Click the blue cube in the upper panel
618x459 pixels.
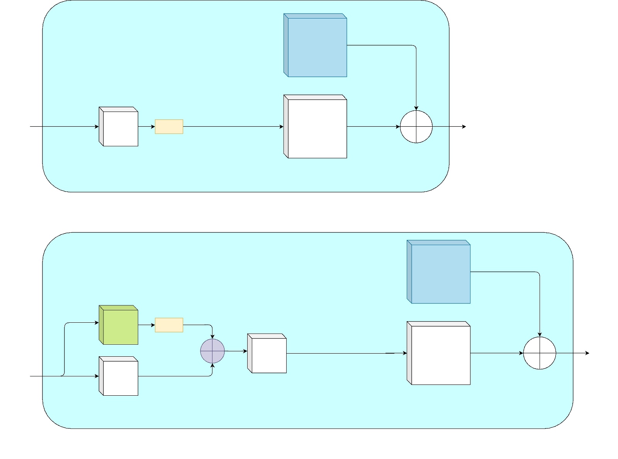pos(316,46)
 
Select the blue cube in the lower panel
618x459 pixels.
pos(439,272)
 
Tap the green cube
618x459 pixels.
pos(119,325)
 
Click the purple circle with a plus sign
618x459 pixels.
pos(212,351)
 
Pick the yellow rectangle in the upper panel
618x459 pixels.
pos(169,127)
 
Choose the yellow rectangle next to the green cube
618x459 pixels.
pos(169,325)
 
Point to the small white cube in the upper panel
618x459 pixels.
pos(119,127)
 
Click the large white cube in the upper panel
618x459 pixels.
pos(316,127)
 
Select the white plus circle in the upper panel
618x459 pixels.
pos(416,127)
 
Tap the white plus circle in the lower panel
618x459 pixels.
pos(539,353)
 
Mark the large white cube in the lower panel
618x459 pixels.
pos(439,353)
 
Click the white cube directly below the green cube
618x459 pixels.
pos(119,376)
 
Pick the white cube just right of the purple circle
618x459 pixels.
pos(267,353)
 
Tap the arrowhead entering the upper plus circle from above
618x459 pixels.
pos(416,108)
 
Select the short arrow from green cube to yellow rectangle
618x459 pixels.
pos(146,325)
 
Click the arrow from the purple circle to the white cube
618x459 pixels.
pos(236,351)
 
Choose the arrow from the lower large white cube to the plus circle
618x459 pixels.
pos(496,353)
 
